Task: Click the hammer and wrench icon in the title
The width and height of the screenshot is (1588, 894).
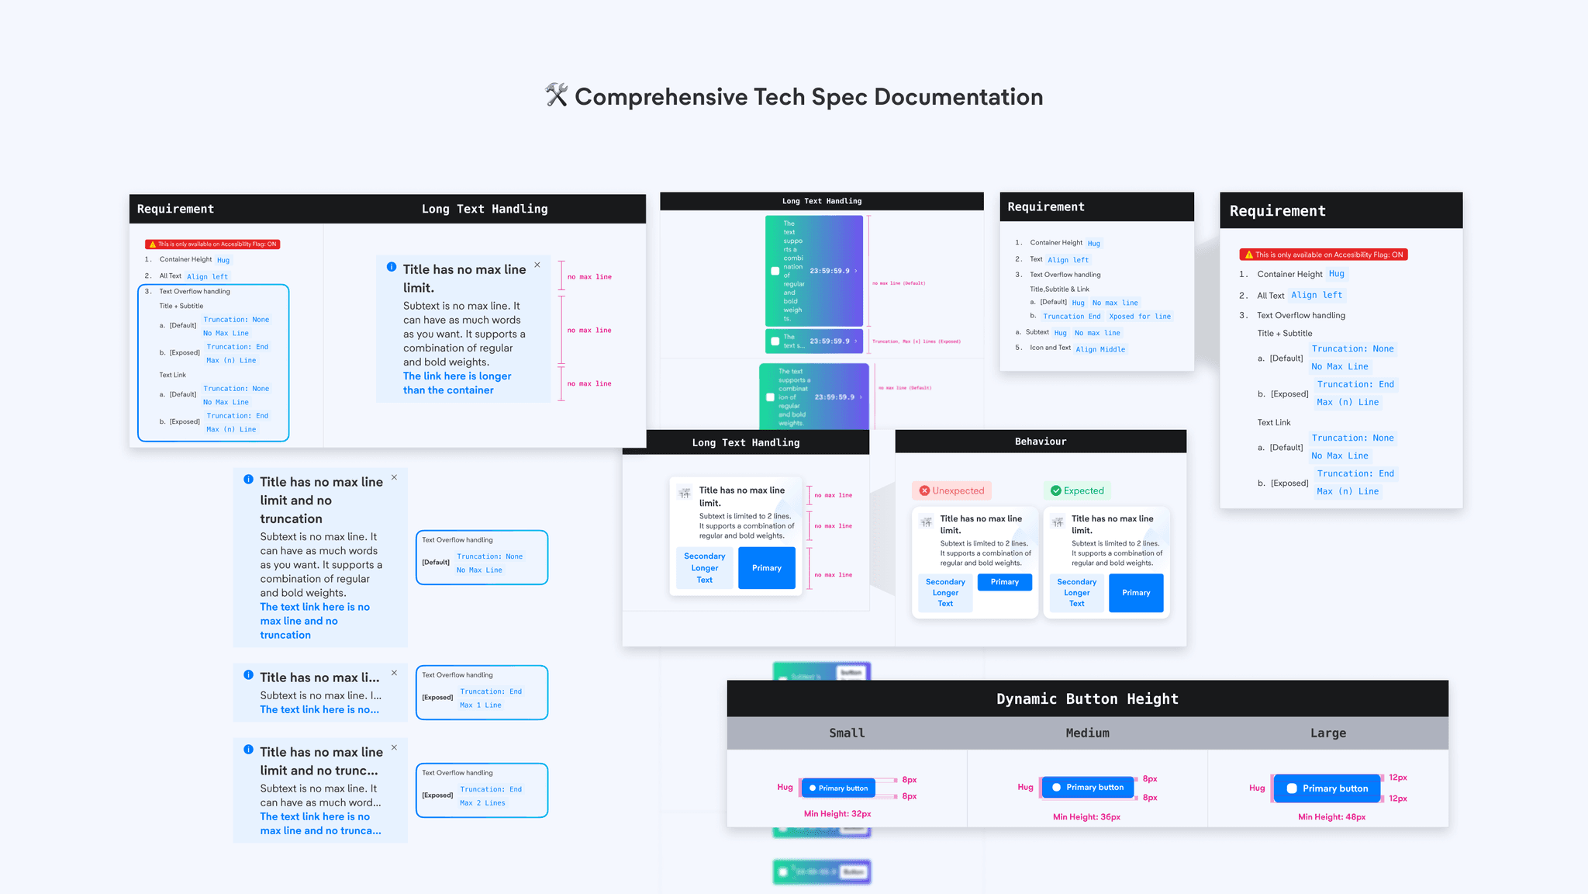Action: (556, 95)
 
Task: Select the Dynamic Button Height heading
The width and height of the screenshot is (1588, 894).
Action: (1087, 698)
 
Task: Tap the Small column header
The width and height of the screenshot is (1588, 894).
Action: (847, 733)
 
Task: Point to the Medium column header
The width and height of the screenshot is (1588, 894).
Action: (1087, 733)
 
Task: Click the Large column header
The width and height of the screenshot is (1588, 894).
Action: (1327, 733)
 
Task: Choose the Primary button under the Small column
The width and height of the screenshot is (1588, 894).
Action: (838, 788)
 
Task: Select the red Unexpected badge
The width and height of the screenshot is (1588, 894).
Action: (951, 490)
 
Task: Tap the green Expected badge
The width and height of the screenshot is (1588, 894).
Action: (1077, 490)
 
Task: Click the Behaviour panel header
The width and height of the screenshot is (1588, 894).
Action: (1041, 442)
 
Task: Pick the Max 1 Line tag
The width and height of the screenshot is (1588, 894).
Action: (481, 705)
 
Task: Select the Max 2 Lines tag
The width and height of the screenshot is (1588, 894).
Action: (482, 803)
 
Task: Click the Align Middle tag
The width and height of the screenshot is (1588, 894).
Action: (1100, 349)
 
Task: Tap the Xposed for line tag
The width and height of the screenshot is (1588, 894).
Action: (1139, 317)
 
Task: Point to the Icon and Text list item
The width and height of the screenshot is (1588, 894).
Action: (1050, 348)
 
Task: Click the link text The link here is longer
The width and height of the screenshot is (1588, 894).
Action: (457, 376)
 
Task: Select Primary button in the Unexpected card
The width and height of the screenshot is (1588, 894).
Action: (1004, 582)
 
